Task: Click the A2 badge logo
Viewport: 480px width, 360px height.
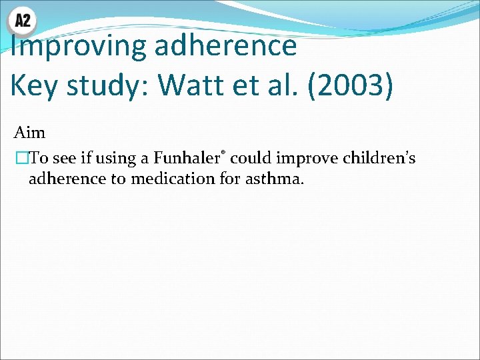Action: coord(22,21)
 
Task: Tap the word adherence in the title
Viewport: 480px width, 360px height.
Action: coord(225,45)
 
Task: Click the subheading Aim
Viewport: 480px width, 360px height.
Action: coord(30,133)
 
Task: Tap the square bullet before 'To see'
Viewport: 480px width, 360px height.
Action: coord(22,159)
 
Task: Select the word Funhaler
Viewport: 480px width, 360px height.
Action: coord(187,159)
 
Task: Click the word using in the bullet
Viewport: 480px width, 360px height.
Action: coord(117,159)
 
